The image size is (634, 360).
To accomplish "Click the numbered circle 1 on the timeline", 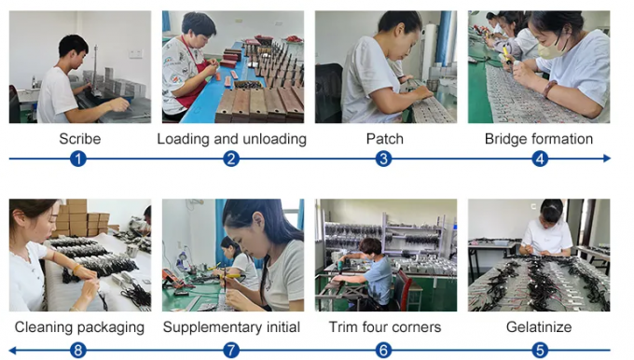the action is pos(78,159).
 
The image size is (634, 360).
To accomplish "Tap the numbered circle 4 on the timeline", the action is pos(540,159).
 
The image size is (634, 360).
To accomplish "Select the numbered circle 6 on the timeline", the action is pos(384,351).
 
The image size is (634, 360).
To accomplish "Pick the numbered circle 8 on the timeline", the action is pos(78,351).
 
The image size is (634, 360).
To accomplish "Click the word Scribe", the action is pos(79,139).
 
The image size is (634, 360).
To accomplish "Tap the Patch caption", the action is pos(384,139).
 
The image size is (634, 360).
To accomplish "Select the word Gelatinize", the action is pos(539,326).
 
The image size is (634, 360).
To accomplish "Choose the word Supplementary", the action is pos(212,327).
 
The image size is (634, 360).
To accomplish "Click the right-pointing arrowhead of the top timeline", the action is pos(607,159).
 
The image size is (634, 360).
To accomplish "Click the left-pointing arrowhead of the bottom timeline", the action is pos(12,351).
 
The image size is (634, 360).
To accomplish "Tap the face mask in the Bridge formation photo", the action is pos(550,49).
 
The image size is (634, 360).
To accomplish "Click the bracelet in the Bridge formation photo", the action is pos(549,89).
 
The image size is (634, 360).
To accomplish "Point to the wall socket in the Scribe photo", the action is pos(135,53).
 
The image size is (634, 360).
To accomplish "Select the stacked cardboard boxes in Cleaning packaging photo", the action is pos(82,218).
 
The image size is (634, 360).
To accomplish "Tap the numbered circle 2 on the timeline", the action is pos(231,159).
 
